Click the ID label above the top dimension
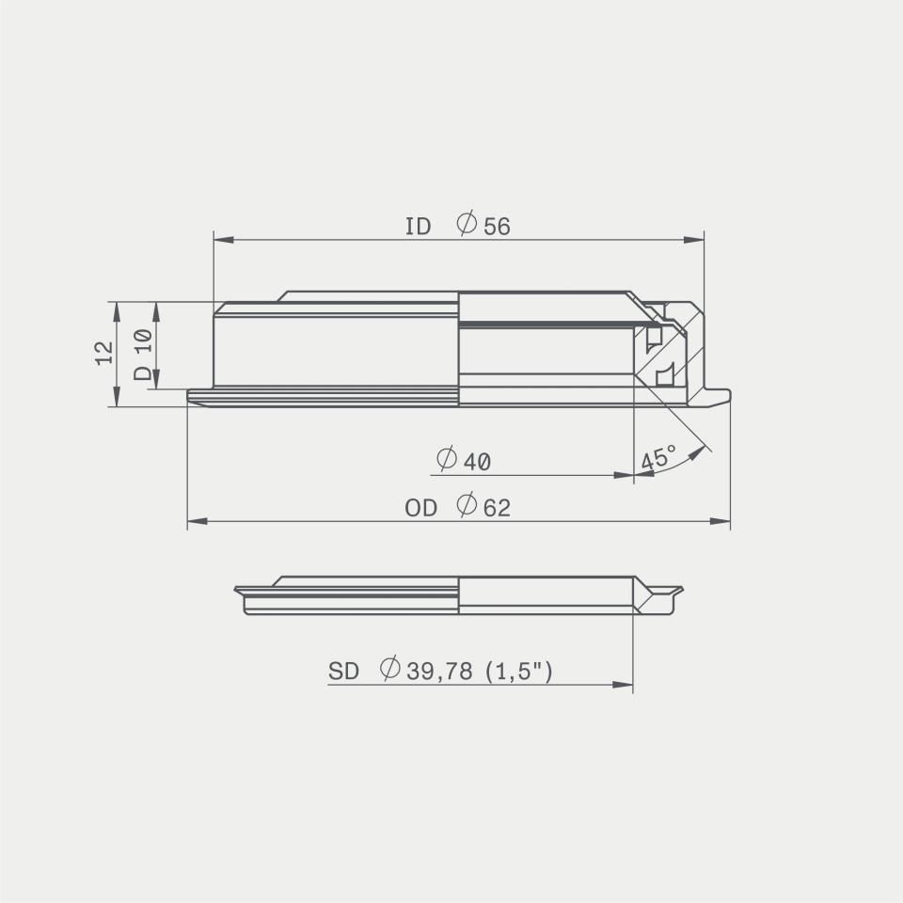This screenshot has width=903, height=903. pos(418,227)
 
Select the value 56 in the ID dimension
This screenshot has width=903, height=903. pos(497,227)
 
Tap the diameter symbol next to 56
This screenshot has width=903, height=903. pos(467,223)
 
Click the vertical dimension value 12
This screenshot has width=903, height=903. pos(104,353)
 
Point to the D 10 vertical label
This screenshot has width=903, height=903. pos(143,355)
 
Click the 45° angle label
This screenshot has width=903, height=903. pos(657,458)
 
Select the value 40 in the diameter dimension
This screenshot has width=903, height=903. pos(477,462)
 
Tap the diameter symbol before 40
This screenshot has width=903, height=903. pos(447,458)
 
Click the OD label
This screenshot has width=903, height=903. pos(420,508)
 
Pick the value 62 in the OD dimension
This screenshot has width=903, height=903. pos(497,508)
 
